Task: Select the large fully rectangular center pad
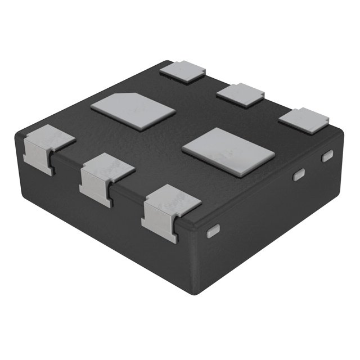228,151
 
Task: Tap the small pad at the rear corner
182,71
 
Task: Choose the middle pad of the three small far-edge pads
240,94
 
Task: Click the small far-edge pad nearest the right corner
303,120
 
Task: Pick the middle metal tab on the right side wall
299,174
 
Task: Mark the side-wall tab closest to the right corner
327,156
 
